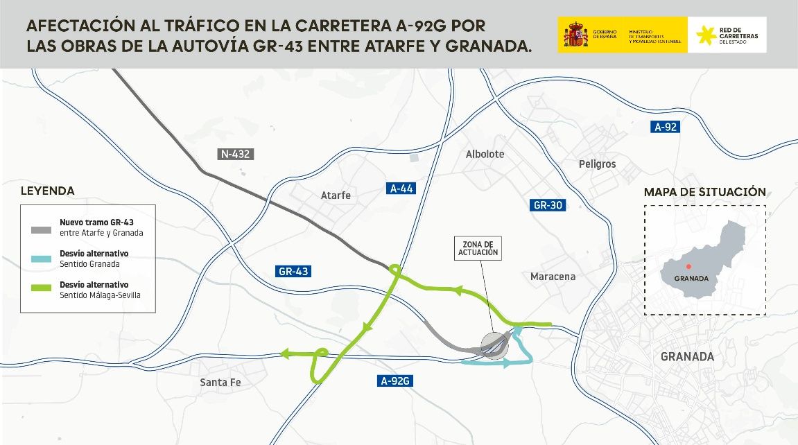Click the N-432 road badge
(236, 154)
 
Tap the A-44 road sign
(401, 188)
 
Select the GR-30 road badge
(548, 205)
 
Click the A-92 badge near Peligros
(666, 127)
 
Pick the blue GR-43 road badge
(293, 271)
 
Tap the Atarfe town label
(336, 195)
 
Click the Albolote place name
(485, 154)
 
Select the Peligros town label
(597, 164)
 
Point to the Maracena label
(553, 277)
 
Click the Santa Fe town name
(223, 382)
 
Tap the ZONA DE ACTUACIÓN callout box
(477, 249)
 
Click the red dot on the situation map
(688, 266)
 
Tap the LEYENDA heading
(47, 191)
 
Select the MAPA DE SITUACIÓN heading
(704, 192)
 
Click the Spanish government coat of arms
(575, 35)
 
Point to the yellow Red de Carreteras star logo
(706, 35)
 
